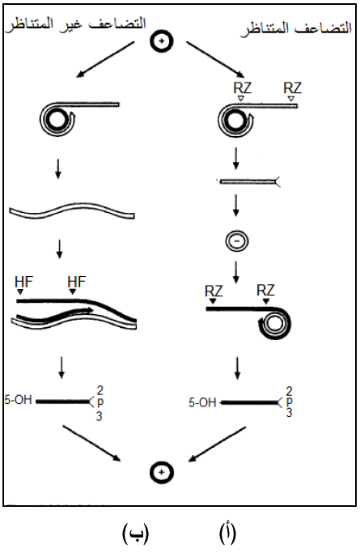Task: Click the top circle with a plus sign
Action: click(162, 41)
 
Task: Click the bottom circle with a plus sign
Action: click(162, 472)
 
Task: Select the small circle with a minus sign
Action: click(237, 241)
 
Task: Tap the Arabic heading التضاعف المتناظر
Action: click(296, 28)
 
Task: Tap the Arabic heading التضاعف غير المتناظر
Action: click(75, 24)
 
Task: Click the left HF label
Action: click(23, 282)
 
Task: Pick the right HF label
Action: click(76, 282)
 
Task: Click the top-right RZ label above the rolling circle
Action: click(292, 87)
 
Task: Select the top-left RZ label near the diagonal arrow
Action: click(243, 87)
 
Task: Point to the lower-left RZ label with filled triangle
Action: click(214, 291)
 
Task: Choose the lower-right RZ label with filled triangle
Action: click(265, 291)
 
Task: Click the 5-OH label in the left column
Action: click(18, 400)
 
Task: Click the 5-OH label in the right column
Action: click(202, 402)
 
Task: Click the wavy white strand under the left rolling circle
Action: click(72, 211)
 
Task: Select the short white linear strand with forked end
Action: click(249, 182)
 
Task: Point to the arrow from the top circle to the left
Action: click(106, 59)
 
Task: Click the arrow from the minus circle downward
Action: click(236, 272)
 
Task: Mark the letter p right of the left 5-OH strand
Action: click(100, 402)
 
